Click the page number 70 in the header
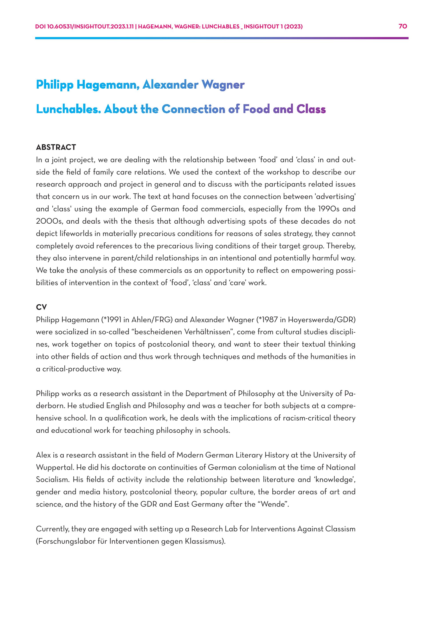pyautogui.click(x=403, y=26)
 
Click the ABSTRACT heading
pyautogui.click(x=56, y=147)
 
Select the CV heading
pyautogui.click(x=41, y=307)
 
